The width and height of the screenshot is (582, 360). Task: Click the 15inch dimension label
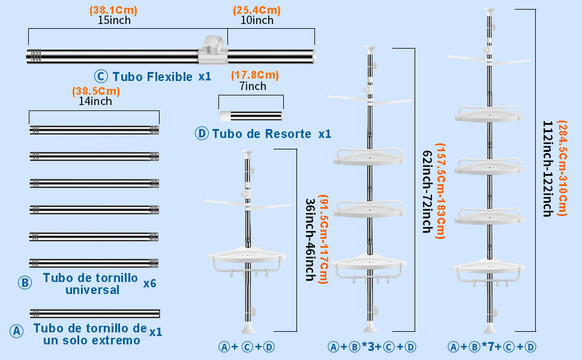coord(114,20)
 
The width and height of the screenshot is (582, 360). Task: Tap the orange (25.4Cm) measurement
coord(256,11)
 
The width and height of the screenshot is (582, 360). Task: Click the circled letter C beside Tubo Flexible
coord(101,77)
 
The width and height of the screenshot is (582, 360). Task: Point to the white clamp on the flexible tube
coord(214,48)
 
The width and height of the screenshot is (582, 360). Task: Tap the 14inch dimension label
coord(95,101)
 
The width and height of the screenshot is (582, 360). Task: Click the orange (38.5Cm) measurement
coord(96,92)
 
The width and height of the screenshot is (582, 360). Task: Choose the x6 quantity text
coord(149,283)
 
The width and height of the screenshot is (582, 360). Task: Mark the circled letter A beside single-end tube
coord(17,331)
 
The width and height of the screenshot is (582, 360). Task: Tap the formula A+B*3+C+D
coord(372,347)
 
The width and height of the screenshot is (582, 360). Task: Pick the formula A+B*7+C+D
coord(492,347)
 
